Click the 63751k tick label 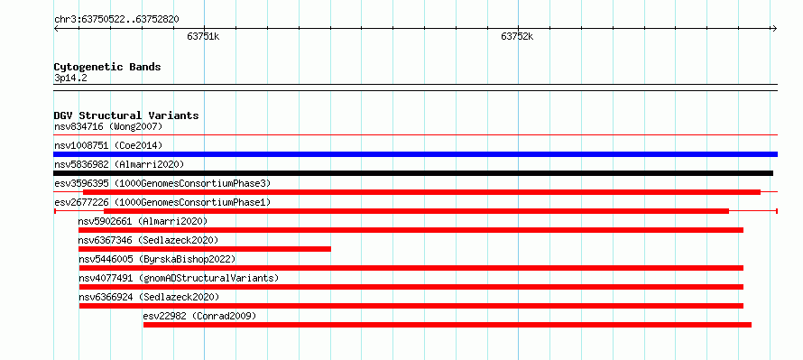pos(203,36)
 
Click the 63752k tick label pos(517,36)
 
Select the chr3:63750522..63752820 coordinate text pos(116,20)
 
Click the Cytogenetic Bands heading pos(107,67)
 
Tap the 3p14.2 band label pos(70,78)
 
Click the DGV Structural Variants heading pos(126,115)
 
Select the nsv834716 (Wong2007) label pos(108,126)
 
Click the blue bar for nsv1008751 pos(415,154)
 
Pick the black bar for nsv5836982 pos(413,173)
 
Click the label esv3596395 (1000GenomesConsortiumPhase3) pos(162,183)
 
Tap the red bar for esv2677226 pos(416,211)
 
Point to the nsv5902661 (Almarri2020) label pos(143,221)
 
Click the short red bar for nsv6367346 pos(204,249)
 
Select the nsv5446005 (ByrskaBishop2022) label pos(157,259)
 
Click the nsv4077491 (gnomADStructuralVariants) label pos(179,278)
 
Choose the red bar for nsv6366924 pos(411,306)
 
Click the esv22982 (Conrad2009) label pos(199,316)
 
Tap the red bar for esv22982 pos(448,325)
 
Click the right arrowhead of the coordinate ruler pos(775,28)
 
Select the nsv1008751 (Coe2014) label pos(108,145)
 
